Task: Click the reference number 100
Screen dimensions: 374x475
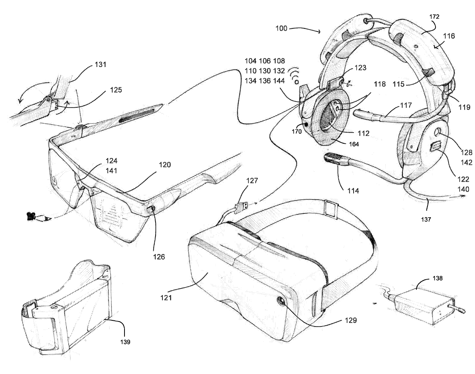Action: pos(282,28)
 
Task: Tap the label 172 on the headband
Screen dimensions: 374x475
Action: pos(424,17)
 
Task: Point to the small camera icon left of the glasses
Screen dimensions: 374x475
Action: pos(29,217)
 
